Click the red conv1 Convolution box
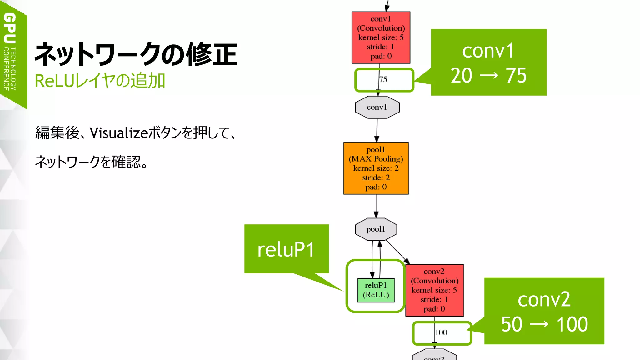pyautogui.click(x=381, y=37)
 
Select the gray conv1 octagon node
pyautogui.click(x=377, y=107)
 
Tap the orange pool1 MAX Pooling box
pyautogui.click(x=376, y=168)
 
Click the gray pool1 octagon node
pyautogui.click(x=376, y=229)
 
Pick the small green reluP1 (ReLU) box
pyautogui.click(x=376, y=290)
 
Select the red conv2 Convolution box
pyautogui.click(x=434, y=290)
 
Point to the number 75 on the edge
pyautogui.click(x=383, y=79)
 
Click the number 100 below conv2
pyautogui.click(x=441, y=332)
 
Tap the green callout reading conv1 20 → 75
pyautogui.click(x=488, y=62)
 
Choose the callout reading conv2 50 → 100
pyautogui.click(x=544, y=311)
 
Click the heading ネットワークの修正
pyautogui.click(x=136, y=55)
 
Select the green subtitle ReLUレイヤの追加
pyautogui.click(x=100, y=81)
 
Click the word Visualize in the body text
pyautogui.click(x=119, y=133)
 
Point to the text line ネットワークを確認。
pyautogui.click(x=91, y=162)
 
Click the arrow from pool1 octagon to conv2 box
pyautogui.click(x=397, y=252)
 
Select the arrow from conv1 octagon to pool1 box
pyautogui.click(x=377, y=130)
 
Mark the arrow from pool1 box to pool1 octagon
pyautogui.click(x=376, y=206)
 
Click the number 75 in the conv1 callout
pyautogui.click(x=516, y=76)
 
